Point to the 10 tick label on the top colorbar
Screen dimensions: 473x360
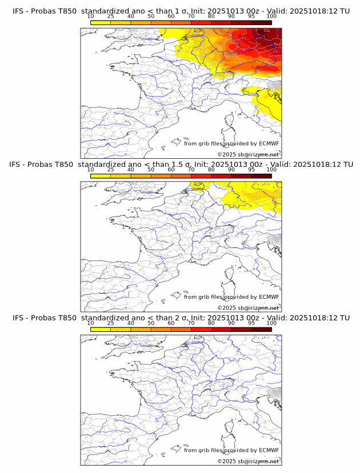pyautogui.click(x=91, y=16)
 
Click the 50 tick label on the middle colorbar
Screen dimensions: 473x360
pyautogui.click(x=151, y=170)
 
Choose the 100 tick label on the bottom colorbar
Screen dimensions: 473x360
pyautogui.click(x=271, y=323)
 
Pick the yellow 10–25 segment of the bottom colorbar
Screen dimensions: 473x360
pyautogui.click(x=101, y=330)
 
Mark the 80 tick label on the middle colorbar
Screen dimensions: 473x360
pyautogui.click(x=211, y=170)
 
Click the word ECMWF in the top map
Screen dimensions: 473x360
pyautogui.click(x=269, y=143)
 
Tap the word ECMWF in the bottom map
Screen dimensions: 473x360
pyautogui.click(x=269, y=450)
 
